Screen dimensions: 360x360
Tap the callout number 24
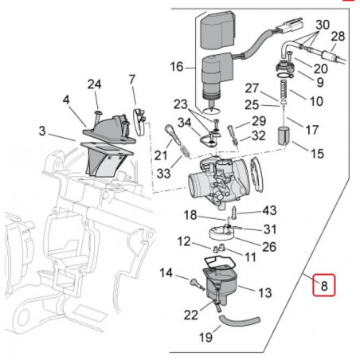click(95, 84)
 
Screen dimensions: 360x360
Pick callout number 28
click(338, 37)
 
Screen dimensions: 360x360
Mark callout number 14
click(167, 273)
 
